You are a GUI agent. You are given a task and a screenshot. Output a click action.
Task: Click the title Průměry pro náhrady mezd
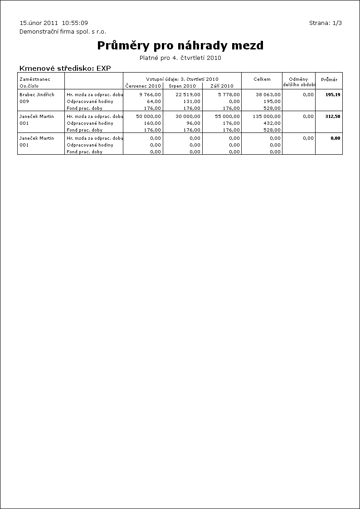click(180, 46)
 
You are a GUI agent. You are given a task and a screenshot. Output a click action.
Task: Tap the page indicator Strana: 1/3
click(325, 23)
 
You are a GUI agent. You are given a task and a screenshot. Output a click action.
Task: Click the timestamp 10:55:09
click(75, 23)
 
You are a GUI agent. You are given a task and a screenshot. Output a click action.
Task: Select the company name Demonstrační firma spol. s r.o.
click(63, 32)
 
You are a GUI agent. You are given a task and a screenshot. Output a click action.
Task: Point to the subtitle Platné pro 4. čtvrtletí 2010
click(180, 58)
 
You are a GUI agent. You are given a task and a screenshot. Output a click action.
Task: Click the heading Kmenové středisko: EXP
click(65, 69)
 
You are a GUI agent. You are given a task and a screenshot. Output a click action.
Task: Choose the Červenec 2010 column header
click(143, 86)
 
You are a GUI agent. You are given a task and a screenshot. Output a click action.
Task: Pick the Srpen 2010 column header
click(182, 86)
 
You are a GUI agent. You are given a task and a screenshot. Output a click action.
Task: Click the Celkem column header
click(262, 79)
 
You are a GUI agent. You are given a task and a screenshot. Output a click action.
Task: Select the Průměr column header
click(329, 79)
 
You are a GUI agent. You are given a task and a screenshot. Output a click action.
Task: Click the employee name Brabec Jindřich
click(37, 95)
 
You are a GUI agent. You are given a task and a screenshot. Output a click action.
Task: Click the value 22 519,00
click(188, 95)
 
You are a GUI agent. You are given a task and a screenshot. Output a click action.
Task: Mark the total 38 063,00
click(268, 95)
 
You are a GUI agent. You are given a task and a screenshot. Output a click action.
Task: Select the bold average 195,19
click(332, 95)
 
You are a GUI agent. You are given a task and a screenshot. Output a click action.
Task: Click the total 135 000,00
click(267, 117)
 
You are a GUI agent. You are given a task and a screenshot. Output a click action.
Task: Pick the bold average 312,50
click(332, 117)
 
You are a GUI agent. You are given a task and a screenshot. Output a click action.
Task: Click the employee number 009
click(24, 102)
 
